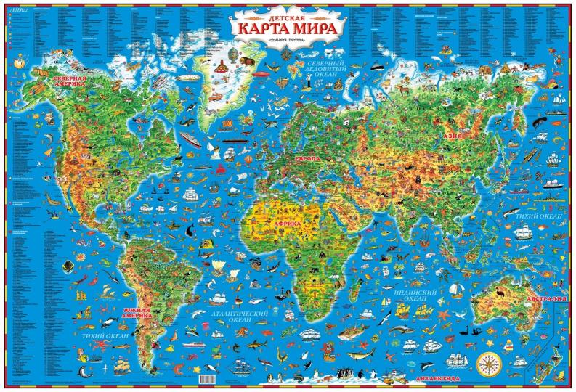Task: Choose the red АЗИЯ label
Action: pyautogui.click(x=454, y=136)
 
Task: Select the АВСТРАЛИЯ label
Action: pyautogui.click(x=546, y=299)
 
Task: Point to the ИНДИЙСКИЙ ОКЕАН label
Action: pyautogui.click(x=415, y=295)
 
